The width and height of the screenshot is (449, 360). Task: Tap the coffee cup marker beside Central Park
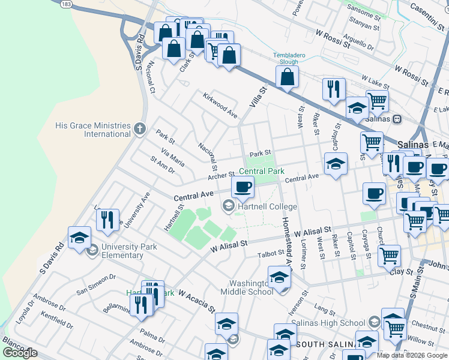243,187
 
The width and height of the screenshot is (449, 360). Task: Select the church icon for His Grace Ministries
140,128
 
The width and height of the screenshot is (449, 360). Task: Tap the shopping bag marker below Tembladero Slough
288,77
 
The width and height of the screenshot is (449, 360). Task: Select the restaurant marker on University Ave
107,220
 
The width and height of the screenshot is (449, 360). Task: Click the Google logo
20,353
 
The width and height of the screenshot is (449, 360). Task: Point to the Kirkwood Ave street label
220,105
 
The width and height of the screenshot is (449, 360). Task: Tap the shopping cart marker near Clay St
390,256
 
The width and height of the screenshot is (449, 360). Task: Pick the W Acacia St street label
196,302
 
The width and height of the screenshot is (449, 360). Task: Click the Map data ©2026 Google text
412,355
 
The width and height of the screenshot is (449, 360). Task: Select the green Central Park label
262,171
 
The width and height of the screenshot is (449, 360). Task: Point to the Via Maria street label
173,158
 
